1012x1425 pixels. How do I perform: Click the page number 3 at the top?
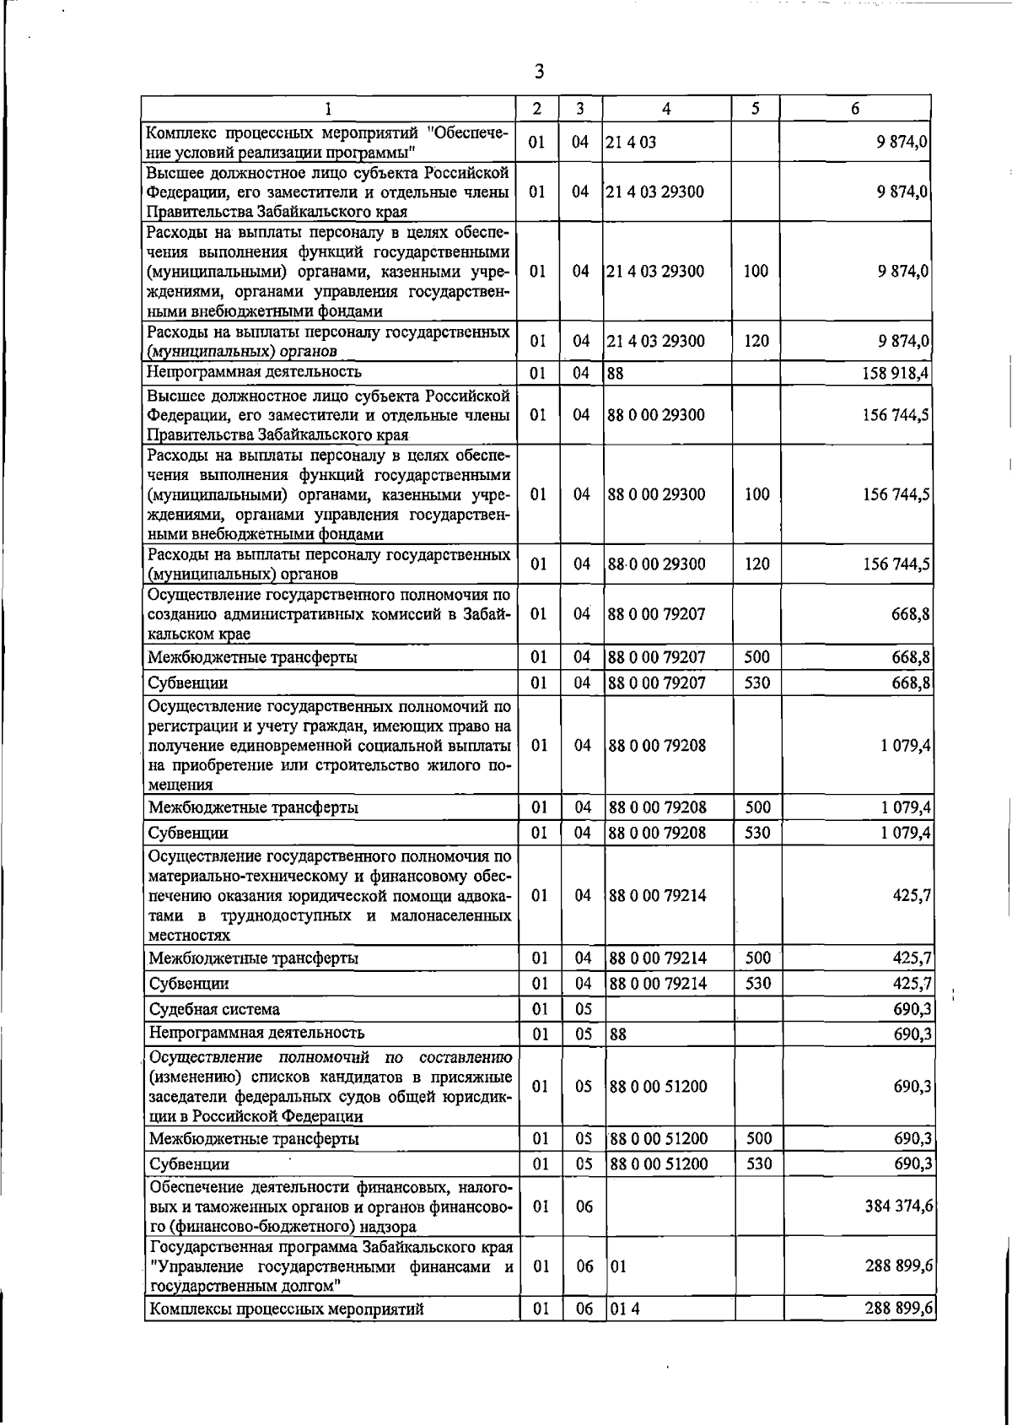[539, 73]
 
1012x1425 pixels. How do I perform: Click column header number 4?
[666, 108]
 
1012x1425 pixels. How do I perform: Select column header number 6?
[854, 108]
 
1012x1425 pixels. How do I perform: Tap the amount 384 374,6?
[898, 1206]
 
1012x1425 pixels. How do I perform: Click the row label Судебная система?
[214, 1009]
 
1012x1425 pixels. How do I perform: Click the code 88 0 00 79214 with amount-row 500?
[658, 958]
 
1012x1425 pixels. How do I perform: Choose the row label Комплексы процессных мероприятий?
[286, 1309]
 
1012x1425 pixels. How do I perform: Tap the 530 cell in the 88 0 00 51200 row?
[758, 1163]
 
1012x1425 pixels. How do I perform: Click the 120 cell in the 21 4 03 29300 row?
[756, 341]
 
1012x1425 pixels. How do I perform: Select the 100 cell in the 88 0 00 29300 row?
[756, 494]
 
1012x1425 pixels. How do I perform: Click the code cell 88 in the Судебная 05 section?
[618, 1034]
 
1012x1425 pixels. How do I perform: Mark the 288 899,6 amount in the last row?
[898, 1309]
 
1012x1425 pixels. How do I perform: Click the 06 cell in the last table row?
[584, 1309]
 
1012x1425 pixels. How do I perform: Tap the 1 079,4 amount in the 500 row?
[906, 807]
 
